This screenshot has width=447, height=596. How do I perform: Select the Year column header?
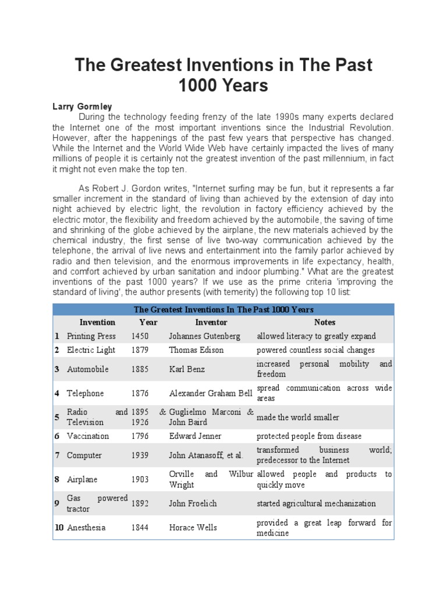[x=148, y=322]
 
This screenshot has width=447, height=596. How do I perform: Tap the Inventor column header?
[x=211, y=322]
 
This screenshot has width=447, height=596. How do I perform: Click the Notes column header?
[x=324, y=322]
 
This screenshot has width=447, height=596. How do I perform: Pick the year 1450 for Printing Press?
[x=140, y=336]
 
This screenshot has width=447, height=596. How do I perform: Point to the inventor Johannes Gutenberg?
[x=205, y=336]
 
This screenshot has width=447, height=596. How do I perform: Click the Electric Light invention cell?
[x=91, y=350]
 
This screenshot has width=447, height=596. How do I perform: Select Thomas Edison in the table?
[x=196, y=350]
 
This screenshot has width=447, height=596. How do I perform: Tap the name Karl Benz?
[x=187, y=369]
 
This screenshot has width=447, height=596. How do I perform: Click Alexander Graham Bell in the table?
[x=211, y=393]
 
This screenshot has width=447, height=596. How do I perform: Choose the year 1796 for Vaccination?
[x=140, y=436]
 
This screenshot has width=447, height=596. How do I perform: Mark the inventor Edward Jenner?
[x=194, y=436]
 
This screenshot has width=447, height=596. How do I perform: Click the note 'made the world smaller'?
[x=297, y=417]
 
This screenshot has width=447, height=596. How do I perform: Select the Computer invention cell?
[x=84, y=455]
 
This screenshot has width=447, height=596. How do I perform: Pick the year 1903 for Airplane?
[x=140, y=480]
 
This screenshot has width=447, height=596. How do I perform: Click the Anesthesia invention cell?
[x=87, y=527]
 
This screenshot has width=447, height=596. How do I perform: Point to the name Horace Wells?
[x=193, y=527]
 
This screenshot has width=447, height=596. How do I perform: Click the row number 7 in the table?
[x=57, y=455]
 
